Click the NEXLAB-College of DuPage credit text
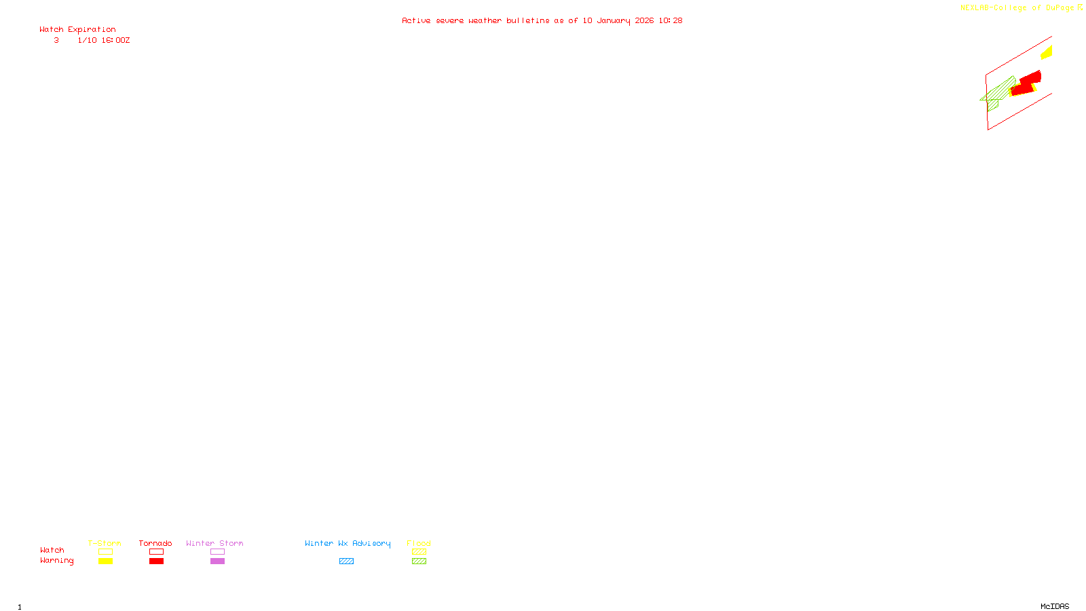[1017, 8]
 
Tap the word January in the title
[613, 21]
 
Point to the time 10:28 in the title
[670, 21]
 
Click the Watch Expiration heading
[77, 30]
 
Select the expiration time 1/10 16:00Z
[103, 41]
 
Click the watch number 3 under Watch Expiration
[56, 41]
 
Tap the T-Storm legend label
[105, 543]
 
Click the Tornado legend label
[155, 543]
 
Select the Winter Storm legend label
[214, 543]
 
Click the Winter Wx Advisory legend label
[348, 543]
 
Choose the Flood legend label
[419, 543]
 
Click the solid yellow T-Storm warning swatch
[105, 561]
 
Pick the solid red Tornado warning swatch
[156, 561]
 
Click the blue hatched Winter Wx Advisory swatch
[346, 561]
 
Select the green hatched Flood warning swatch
[419, 561]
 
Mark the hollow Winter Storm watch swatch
[217, 552]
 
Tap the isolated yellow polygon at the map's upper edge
[1047, 52]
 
